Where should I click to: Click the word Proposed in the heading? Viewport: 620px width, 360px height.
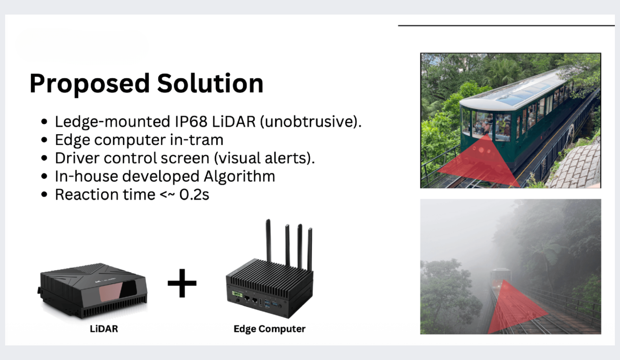(x=89, y=84)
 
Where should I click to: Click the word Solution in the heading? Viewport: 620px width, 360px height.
(x=210, y=83)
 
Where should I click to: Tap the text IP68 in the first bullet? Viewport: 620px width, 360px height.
(x=191, y=121)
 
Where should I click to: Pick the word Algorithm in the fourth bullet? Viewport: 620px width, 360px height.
(x=239, y=176)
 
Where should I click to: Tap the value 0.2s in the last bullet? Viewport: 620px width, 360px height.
(x=194, y=194)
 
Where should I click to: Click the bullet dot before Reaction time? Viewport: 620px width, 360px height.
(x=44, y=194)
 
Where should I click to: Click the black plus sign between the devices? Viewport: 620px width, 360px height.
(x=182, y=283)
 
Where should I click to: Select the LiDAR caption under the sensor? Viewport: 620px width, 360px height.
(x=104, y=329)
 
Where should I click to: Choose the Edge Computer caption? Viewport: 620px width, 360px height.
(x=269, y=329)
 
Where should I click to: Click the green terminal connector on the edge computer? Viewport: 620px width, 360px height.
(x=237, y=294)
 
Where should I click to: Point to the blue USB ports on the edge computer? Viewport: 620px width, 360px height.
(x=267, y=303)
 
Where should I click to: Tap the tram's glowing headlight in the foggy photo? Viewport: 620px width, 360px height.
(x=499, y=286)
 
